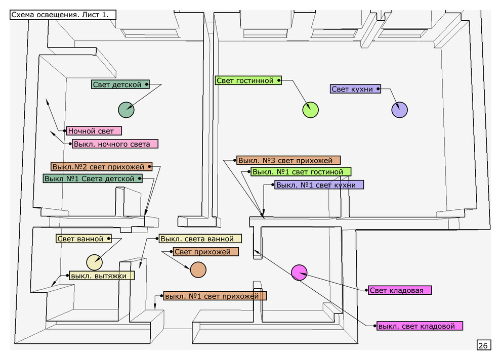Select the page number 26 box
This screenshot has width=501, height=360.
(483, 345)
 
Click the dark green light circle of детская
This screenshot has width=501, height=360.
(126, 109)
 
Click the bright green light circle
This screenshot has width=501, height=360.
(310, 109)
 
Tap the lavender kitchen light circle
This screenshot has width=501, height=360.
(399, 110)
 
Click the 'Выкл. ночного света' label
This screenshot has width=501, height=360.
(114, 144)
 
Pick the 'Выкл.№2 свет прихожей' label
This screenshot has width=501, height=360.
(101, 166)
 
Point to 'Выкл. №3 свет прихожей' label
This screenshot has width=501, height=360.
(288, 161)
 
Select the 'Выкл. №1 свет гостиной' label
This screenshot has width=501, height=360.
(301, 172)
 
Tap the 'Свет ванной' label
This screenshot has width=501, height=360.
(83, 239)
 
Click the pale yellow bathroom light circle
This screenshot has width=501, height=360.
(94, 262)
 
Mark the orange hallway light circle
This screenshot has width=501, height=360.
(198, 269)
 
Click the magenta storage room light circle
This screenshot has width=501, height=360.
(299, 273)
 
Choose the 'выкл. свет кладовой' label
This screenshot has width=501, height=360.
(420, 326)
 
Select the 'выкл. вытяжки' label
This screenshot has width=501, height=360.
(102, 276)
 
